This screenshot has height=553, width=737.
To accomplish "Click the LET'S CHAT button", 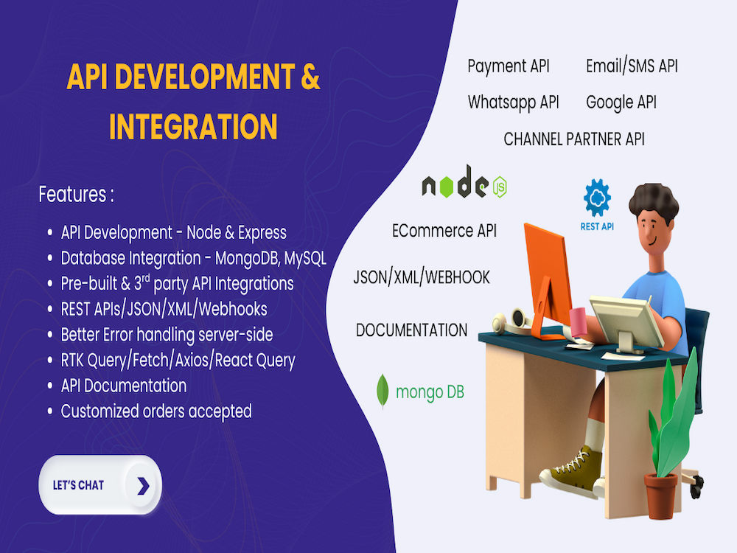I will (x=99, y=485).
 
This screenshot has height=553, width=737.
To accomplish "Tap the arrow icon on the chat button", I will (x=143, y=485).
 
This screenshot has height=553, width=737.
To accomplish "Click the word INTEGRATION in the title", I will (x=193, y=126).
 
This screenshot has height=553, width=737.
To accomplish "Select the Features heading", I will (x=76, y=195).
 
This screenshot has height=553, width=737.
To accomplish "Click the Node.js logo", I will (x=464, y=185).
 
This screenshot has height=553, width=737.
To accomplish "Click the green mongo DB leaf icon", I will (x=383, y=391).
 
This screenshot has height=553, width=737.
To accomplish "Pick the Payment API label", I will (x=509, y=66).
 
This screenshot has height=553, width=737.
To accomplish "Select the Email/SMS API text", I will (x=632, y=66).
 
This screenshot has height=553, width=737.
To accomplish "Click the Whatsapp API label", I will (x=513, y=102).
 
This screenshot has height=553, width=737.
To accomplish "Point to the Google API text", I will (x=621, y=102).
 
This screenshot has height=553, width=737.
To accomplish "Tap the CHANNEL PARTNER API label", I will (x=574, y=139).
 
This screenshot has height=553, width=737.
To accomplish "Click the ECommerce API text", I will (x=444, y=231).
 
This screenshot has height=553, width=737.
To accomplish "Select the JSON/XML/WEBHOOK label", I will (x=422, y=277).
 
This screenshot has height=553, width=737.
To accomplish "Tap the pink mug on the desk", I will (x=579, y=322).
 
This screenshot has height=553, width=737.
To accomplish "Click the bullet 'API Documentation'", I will (x=123, y=386).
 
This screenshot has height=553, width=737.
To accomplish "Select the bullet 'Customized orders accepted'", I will (x=156, y=411).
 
